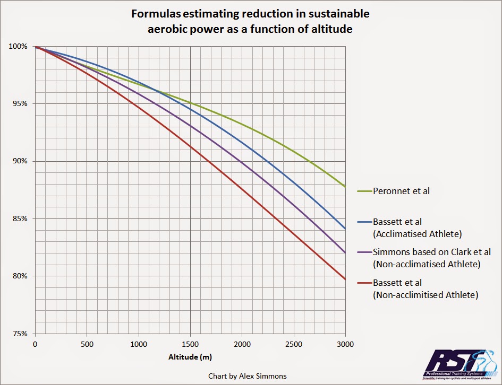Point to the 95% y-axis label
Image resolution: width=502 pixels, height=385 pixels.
(19, 104)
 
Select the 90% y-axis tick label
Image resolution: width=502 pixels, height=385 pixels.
(19, 161)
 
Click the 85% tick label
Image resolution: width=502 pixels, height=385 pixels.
(19, 218)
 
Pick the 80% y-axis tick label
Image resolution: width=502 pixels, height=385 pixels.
(19, 276)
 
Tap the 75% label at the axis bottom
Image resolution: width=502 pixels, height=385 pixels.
(19, 334)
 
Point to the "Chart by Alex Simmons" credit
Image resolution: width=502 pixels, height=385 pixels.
(248, 376)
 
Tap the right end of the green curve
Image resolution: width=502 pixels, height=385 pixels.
(345, 187)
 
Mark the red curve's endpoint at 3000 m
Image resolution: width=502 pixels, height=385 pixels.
(345, 279)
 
